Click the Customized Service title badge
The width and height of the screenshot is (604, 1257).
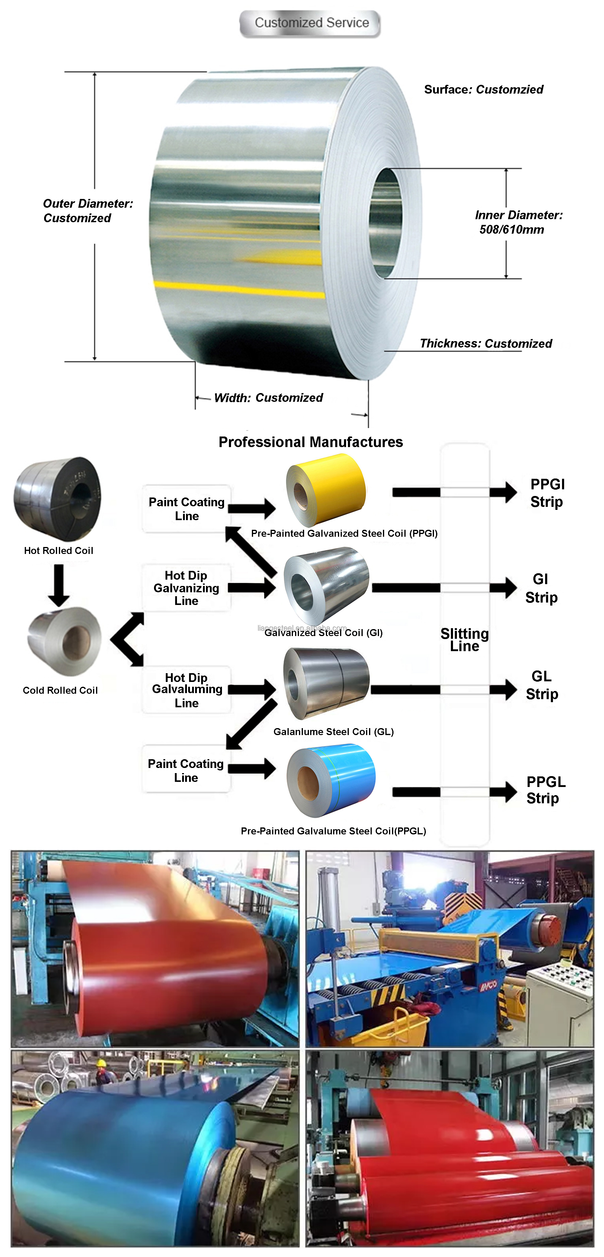coord(310,23)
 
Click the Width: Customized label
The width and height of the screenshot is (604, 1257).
coord(268,398)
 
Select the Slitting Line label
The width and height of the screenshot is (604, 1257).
coord(464,639)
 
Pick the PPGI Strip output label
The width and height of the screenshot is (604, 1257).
coord(547,493)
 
